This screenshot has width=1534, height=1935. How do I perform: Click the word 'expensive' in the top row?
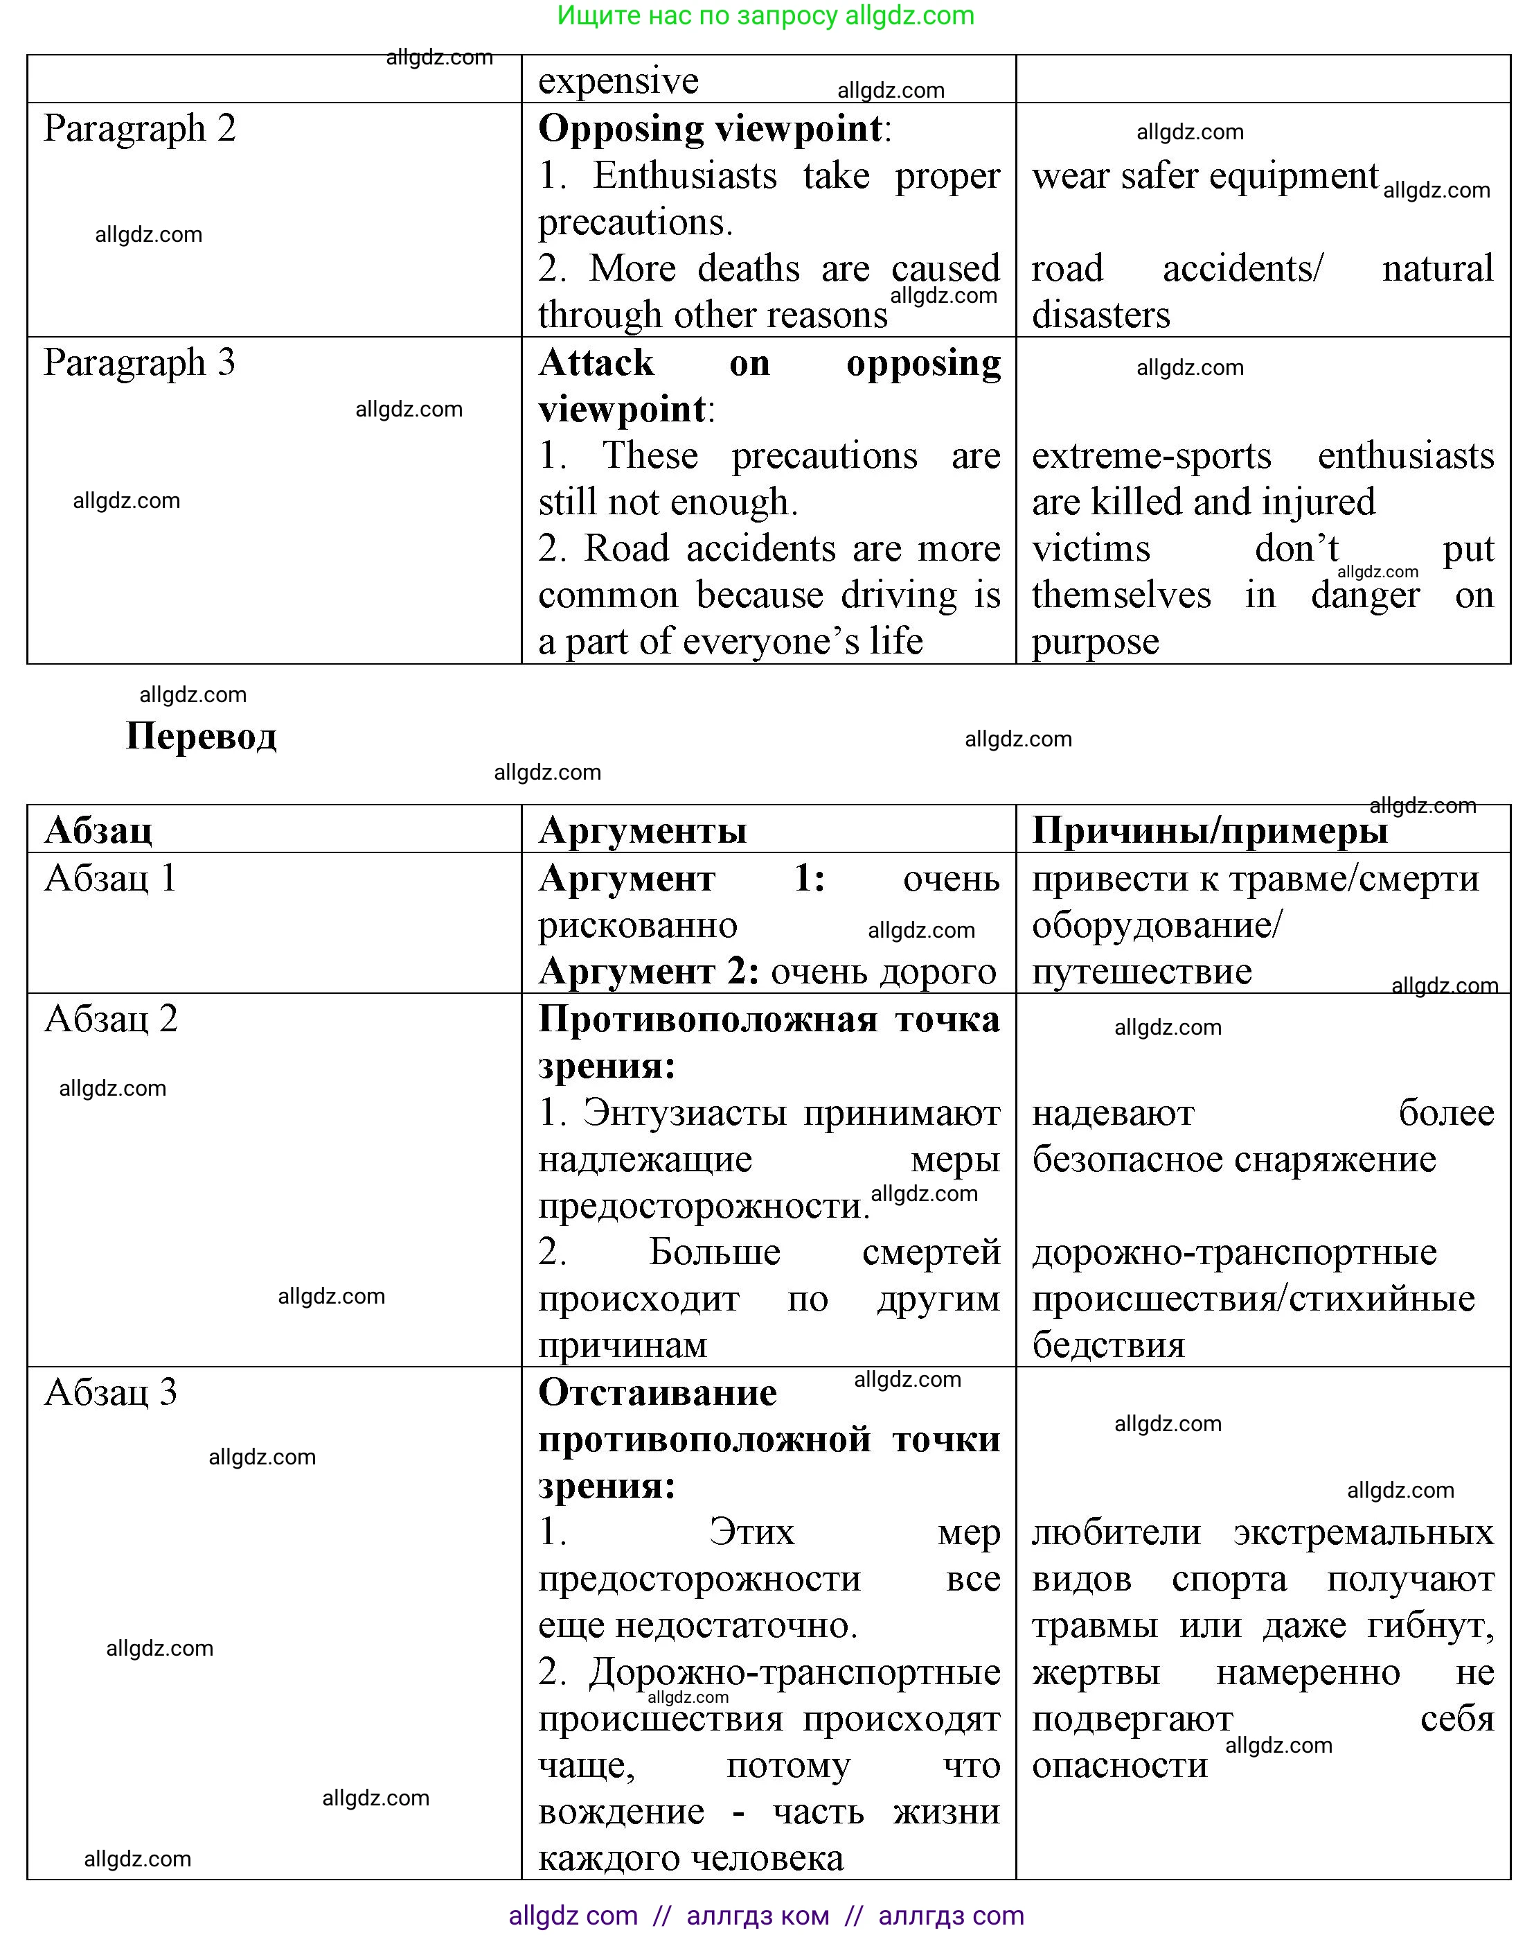(x=617, y=81)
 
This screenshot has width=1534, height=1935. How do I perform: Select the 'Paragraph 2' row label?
(x=139, y=128)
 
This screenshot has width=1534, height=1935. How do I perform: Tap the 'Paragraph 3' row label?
(x=139, y=362)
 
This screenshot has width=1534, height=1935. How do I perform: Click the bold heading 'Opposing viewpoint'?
(x=710, y=128)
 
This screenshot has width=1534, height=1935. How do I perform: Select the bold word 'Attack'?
(x=596, y=362)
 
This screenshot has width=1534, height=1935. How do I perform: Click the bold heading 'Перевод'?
(x=201, y=736)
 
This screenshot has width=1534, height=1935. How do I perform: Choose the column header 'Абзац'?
(x=98, y=830)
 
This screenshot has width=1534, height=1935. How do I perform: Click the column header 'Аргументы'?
(x=642, y=830)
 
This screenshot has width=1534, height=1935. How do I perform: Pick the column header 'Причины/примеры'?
(x=1209, y=830)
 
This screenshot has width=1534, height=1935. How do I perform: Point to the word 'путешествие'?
(x=1141, y=971)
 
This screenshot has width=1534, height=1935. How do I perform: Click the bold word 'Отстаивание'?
(x=657, y=1392)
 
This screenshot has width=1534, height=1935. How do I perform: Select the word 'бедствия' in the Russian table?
(x=1108, y=1345)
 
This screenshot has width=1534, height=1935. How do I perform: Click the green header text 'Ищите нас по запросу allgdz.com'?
(x=765, y=15)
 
